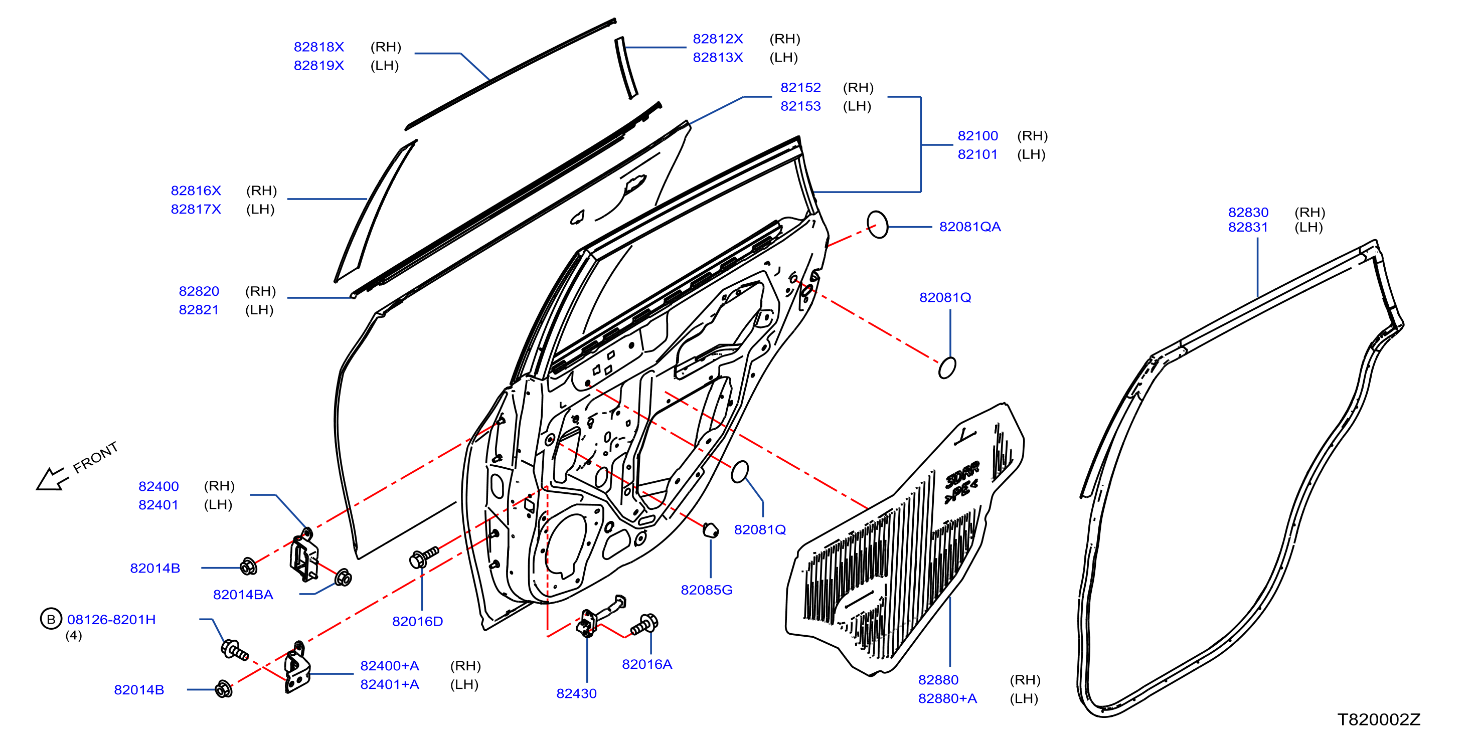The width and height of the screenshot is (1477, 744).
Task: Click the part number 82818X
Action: click(319, 47)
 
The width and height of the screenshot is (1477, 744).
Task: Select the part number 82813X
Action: click(718, 57)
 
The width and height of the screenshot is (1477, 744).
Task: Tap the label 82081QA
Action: click(969, 227)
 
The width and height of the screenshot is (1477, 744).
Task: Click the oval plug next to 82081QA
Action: click(877, 224)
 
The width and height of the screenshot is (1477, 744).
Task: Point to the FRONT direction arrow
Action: click(52, 479)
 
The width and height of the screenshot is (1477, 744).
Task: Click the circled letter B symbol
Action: click(51, 619)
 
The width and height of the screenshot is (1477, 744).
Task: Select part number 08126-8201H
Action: click(111, 620)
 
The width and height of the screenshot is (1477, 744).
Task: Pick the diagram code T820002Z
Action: click(1379, 719)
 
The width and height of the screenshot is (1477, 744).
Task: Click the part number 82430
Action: click(576, 693)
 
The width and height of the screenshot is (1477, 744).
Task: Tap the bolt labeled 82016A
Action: click(644, 625)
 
